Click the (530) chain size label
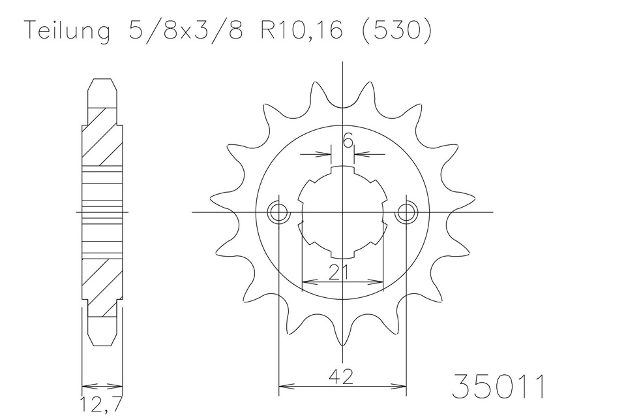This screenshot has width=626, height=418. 395,31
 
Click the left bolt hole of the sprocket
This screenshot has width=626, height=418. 278,212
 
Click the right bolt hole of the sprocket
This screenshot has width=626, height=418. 406,212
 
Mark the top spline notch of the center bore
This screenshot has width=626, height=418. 342,172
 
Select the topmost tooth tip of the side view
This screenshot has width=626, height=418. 102,82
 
